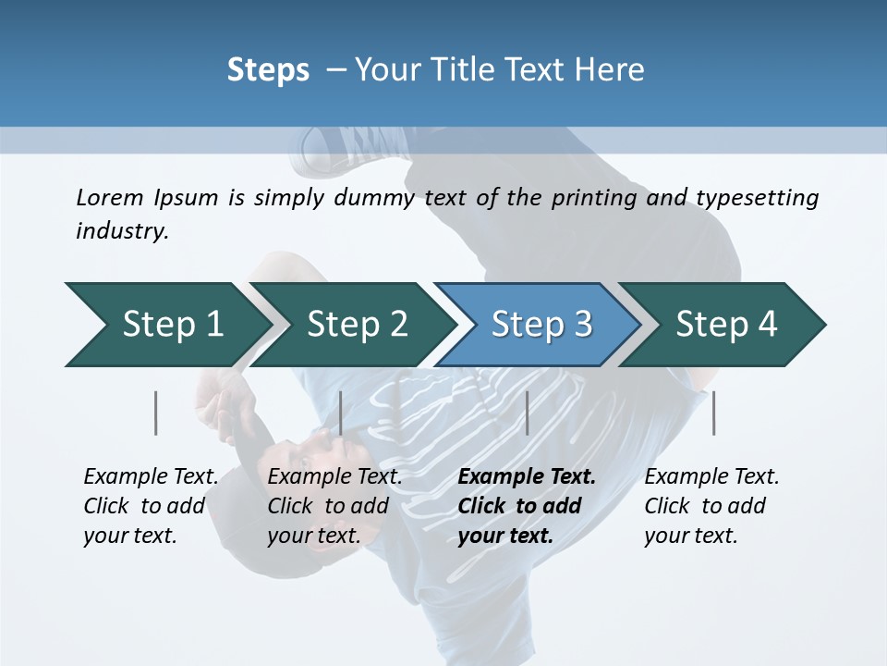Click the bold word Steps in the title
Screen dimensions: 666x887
coord(268,69)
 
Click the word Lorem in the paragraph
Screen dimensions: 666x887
coord(109,197)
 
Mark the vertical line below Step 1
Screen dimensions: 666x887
coord(156,413)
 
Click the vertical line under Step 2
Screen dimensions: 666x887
coord(341,413)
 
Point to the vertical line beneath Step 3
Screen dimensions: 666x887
coord(527,413)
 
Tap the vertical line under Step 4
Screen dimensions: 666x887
coord(713,413)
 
